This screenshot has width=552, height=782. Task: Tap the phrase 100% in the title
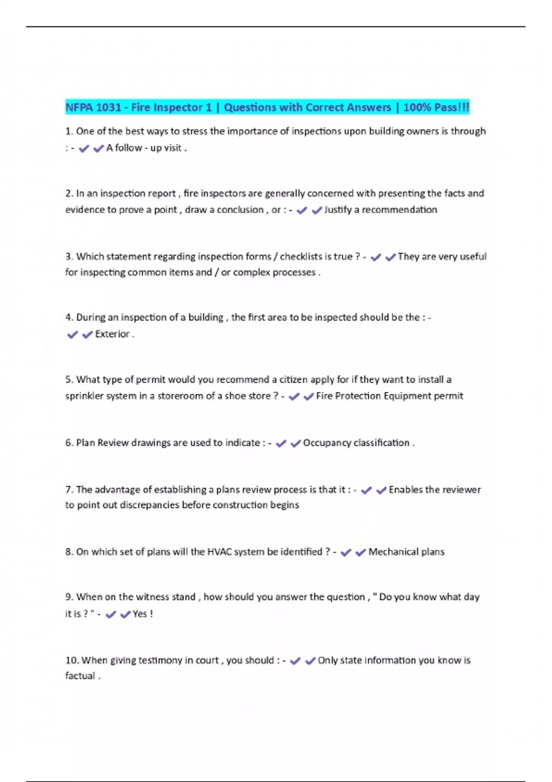(x=418, y=108)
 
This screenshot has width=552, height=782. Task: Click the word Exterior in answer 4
(x=112, y=334)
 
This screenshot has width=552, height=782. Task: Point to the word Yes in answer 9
(x=139, y=614)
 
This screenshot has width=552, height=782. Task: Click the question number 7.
(x=69, y=489)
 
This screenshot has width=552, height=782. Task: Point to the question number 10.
(x=72, y=660)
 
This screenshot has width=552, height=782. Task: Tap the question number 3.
(x=69, y=256)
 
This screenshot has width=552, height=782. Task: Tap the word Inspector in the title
(x=178, y=108)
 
